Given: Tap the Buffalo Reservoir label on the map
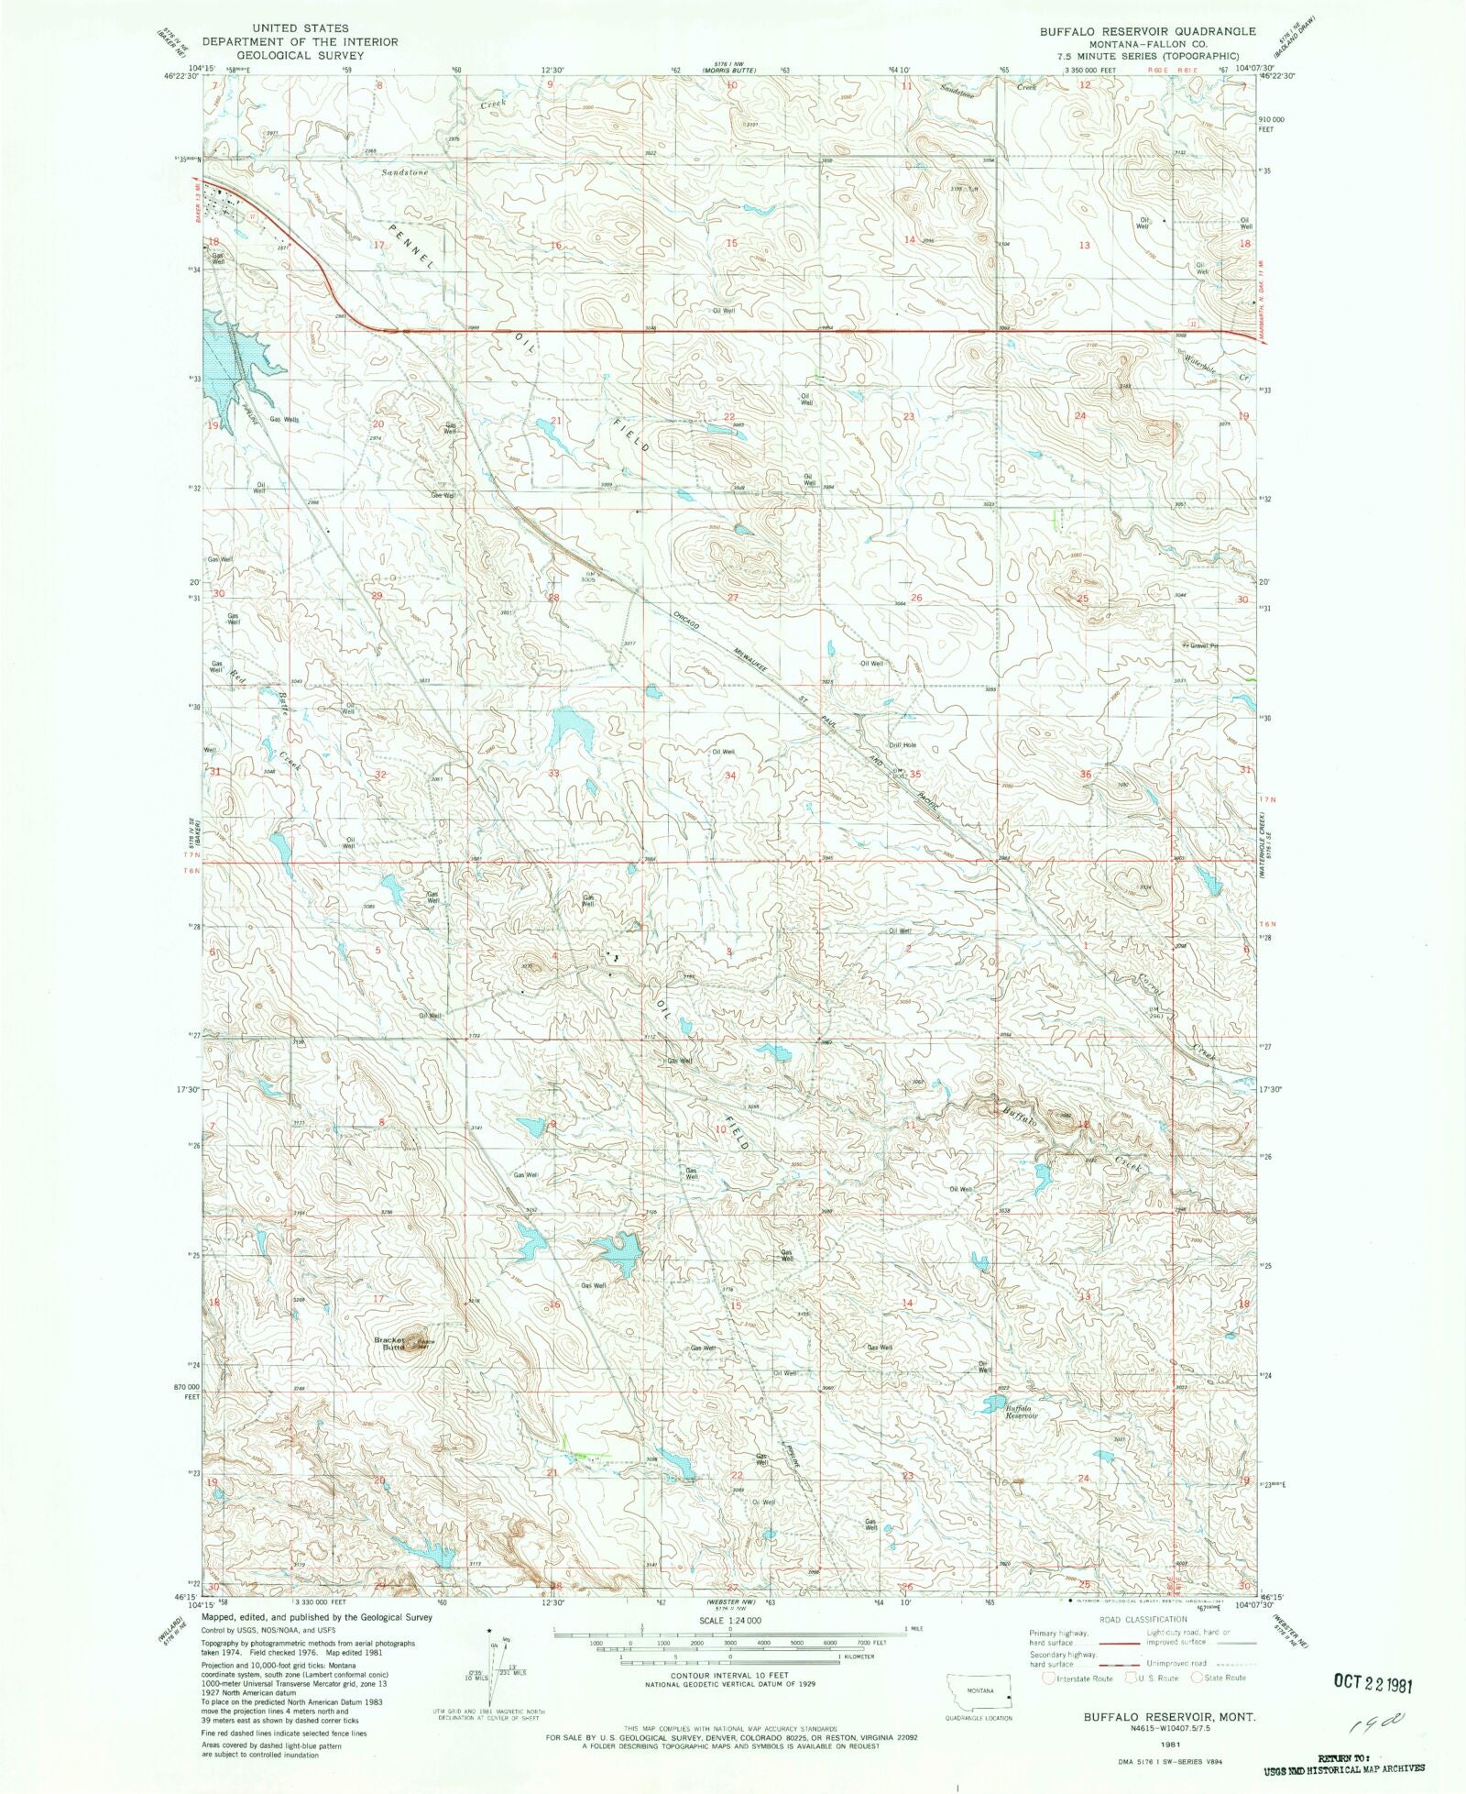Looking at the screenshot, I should (1021, 1412).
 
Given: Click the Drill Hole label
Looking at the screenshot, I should (902, 745).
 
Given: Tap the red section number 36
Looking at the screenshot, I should (1086, 775).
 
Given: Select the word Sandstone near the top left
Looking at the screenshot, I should (405, 172).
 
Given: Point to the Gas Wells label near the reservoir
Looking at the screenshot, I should (283, 420).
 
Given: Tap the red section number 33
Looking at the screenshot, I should (553, 774).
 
